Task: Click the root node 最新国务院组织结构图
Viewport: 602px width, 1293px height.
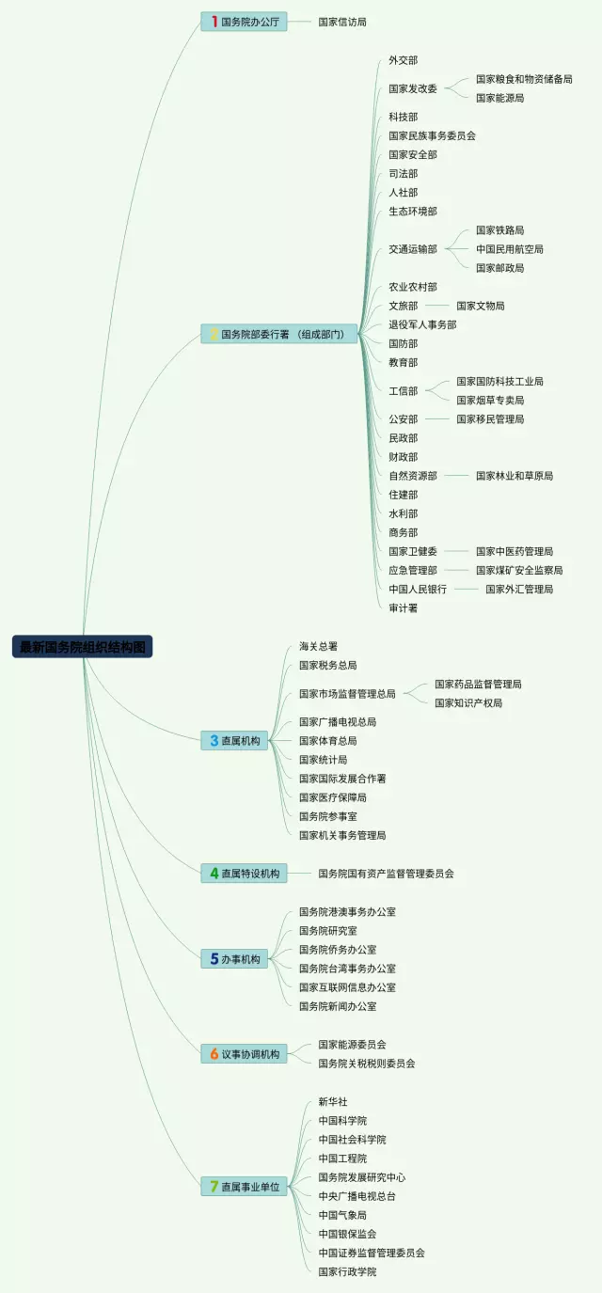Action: tap(83, 647)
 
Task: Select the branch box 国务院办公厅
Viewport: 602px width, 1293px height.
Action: tap(244, 21)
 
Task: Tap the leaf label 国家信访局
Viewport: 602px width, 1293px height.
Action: tap(342, 21)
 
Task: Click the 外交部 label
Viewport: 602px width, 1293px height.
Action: tap(404, 60)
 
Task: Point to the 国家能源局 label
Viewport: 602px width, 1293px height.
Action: tap(499, 98)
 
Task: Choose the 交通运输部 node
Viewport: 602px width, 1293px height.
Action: tap(413, 249)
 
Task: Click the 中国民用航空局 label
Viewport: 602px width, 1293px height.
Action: tap(509, 249)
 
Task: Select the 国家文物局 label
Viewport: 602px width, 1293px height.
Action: tap(481, 306)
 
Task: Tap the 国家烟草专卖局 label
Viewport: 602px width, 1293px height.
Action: tap(490, 401)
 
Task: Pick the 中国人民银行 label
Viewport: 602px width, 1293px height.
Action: tap(418, 589)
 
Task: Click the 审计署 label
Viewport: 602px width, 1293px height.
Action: tap(404, 607)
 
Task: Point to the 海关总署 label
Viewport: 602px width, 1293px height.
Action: tap(318, 646)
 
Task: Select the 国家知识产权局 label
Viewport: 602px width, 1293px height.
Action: tap(468, 702)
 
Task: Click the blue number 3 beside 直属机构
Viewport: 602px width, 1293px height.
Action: tap(214, 741)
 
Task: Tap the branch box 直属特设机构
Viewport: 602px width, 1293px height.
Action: tap(244, 873)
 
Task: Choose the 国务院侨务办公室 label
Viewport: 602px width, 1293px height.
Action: tap(338, 950)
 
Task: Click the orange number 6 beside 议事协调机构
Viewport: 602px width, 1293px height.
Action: tap(214, 1054)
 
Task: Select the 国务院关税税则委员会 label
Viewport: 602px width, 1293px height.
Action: tap(367, 1064)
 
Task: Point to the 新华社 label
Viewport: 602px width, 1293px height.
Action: tap(333, 1101)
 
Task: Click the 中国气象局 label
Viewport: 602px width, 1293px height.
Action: tap(342, 1215)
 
